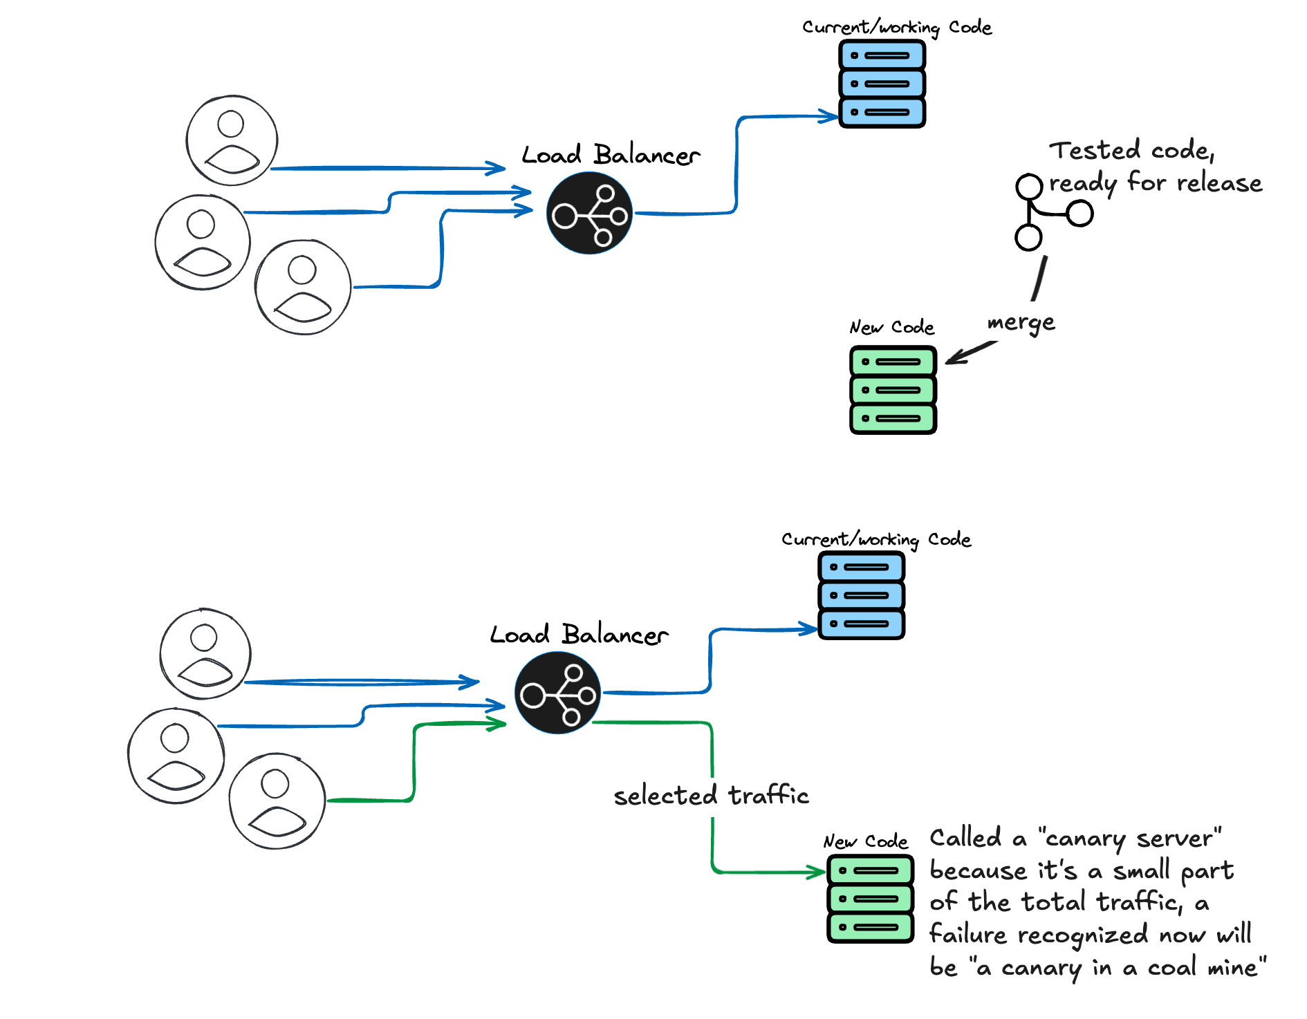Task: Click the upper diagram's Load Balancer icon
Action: point(589,214)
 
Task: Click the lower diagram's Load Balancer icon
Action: point(557,693)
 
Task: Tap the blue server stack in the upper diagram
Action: point(882,84)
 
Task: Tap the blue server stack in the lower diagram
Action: point(861,595)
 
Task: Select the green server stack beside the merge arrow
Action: point(893,390)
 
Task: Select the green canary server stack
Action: point(870,899)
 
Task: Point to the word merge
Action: point(1021,323)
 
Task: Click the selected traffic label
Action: point(711,796)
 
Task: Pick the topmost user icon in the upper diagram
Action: point(232,140)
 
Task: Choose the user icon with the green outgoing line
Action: point(277,801)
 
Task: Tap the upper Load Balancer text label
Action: point(611,155)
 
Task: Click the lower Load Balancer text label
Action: point(579,635)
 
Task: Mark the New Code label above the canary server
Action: point(865,841)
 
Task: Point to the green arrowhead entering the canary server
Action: point(818,872)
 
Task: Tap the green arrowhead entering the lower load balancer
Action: point(498,724)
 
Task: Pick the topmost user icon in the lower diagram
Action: point(205,654)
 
